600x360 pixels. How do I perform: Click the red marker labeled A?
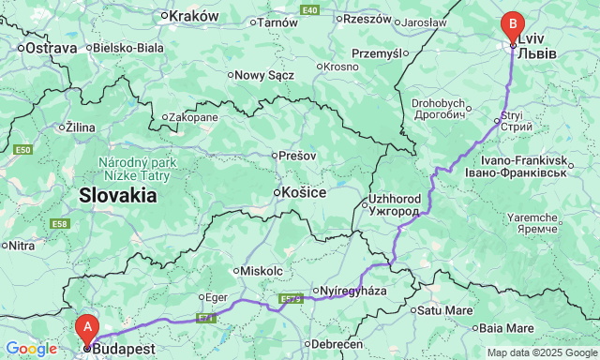click(87, 327)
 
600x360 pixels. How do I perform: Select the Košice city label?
click(304, 192)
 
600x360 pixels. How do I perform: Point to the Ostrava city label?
click(50, 47)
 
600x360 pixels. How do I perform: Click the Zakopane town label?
click(193, 117)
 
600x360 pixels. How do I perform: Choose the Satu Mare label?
click(444, 309)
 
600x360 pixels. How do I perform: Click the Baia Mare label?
click(506, 327)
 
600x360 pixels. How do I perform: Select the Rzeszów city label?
click(367, 18)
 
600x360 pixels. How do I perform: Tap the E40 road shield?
click(310, 9)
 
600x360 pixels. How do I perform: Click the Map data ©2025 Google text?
click(541, 352)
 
